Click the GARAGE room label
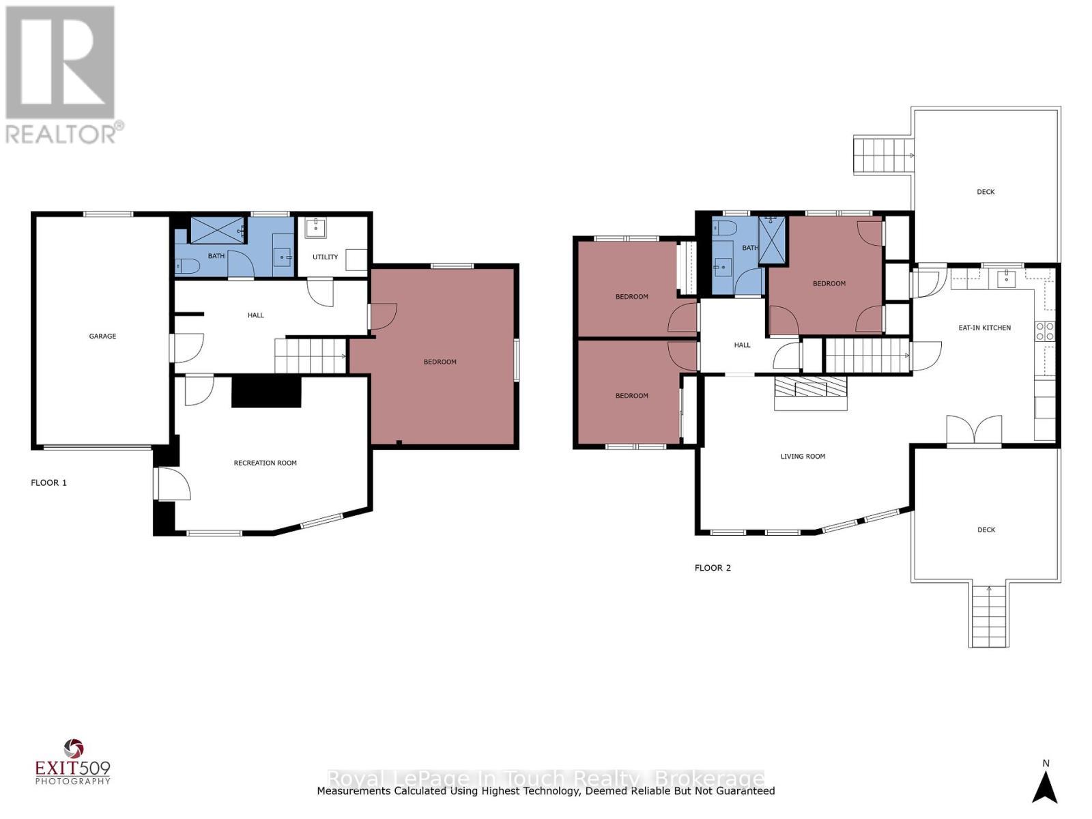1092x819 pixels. [x=102, y=336]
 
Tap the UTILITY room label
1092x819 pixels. [x=325, y=257]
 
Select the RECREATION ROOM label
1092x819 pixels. [x=265, y=463]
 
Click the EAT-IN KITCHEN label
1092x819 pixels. [x=984, y=328]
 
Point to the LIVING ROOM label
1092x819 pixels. [x=803, y=456]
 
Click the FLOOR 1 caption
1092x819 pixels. [x=49, y=483]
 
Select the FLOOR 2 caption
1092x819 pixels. [x=713, y=568]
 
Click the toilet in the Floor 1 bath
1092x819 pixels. [x=186, y=265]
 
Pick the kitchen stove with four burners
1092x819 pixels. [x=1044, y=332]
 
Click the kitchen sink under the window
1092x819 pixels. [x=1005, y=278]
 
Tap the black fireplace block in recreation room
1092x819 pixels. [x=266, y=392]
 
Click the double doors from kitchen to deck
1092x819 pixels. [x=974, y=432]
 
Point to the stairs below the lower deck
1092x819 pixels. [x=988, y=616]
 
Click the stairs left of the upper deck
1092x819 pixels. [x=882, y=156]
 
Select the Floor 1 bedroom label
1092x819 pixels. [x=440, y=362]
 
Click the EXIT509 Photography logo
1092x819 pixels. [x=72, y=762]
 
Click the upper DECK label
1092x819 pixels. [x=986, y=192]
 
